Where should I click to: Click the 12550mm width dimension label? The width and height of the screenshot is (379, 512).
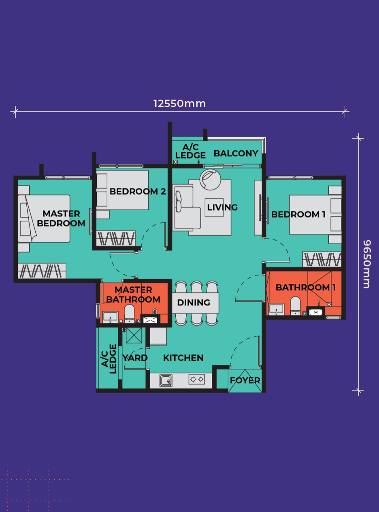[179, 104]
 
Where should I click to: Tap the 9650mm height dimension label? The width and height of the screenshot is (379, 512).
[367, 264]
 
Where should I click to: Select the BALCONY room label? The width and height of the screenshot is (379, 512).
[236, 153]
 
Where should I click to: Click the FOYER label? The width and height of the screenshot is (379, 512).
[245, 380]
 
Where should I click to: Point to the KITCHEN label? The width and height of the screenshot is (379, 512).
[183, 358]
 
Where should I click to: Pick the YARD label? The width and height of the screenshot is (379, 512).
[135, 358]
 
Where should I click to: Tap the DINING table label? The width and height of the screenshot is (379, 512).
[194, 303]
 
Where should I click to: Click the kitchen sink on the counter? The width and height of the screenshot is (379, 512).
[166, 380]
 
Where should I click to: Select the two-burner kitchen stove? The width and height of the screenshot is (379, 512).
[197, 379]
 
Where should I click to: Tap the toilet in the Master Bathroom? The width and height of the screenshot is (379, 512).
[129, 313]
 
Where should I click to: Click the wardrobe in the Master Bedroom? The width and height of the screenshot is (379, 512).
[42, 271]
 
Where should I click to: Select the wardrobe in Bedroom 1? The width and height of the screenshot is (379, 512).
[322, 259]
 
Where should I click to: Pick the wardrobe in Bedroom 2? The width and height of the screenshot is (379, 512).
[116, 238]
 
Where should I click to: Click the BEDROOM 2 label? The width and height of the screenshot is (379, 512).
[138, 191]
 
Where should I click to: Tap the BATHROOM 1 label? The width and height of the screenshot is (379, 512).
[306, 288]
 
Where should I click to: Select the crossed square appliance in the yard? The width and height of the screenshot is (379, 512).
[134, 335]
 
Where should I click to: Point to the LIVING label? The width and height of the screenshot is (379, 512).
[222, 207]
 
